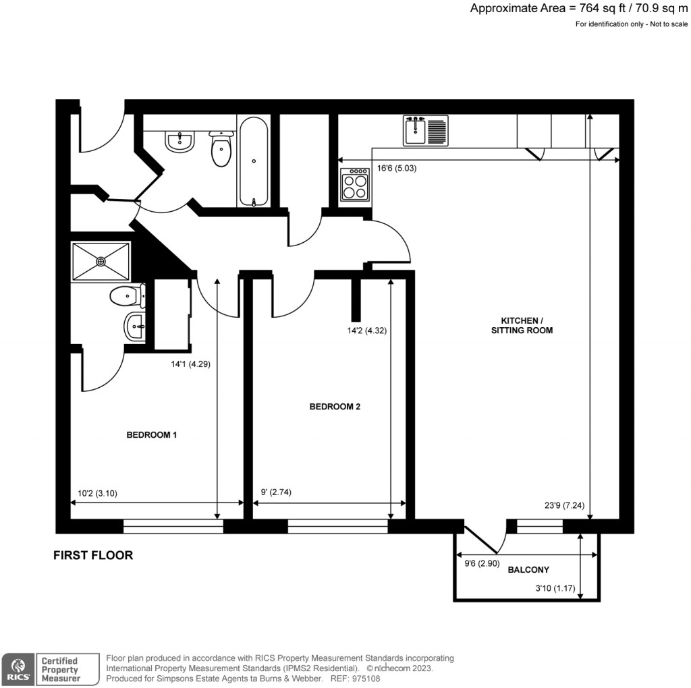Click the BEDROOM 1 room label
coord(152,434)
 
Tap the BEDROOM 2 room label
coord(335,407)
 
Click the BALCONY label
coord(528,569)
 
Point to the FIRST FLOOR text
coord(93,556)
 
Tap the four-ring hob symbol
coord(355,184)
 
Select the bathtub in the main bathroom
coord(254,162)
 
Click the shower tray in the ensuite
coord(101,261)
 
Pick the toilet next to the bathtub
coord(221,149)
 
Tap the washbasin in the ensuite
coord(136,328)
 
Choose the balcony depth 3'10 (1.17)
coord(554,589)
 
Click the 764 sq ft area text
coord(580,9)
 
